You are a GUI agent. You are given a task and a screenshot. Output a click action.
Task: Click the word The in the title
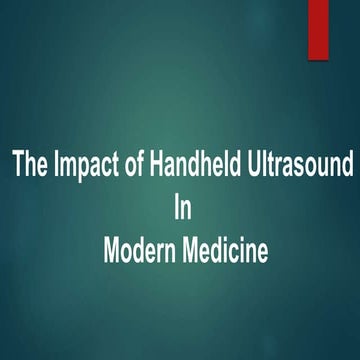click(29, 164)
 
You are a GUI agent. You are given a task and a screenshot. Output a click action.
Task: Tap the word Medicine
click(225, 249)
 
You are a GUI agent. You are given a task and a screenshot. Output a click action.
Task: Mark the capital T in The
click(17, 164)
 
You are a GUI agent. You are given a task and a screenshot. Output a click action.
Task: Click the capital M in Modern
click(112, 249)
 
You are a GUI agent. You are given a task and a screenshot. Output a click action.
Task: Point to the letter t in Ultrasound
click(262, 164)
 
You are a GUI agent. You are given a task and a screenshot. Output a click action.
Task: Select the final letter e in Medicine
click(262, 251)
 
